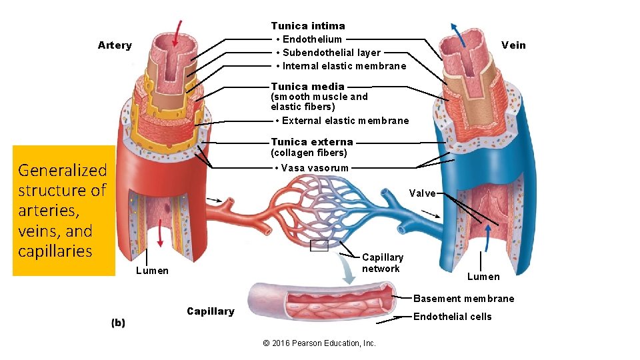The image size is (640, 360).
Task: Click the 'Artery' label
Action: (115, 45)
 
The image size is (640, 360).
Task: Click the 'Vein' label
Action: (513, 45)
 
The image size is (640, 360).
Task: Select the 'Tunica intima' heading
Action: (308, 26)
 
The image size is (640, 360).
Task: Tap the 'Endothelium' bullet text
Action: (311, 39)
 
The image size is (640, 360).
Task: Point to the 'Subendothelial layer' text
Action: (331, 53)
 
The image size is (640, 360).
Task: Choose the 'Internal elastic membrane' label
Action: (344, 66)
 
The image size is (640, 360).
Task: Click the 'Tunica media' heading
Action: (307, 86)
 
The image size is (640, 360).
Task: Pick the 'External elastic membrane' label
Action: (345, 121)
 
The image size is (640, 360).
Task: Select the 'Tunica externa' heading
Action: (312, 141)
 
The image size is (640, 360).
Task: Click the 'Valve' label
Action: (423, 193)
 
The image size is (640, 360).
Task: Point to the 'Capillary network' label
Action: (382, 263)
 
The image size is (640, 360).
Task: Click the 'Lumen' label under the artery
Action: (152, 270)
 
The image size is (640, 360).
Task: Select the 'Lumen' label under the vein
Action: (483, 277)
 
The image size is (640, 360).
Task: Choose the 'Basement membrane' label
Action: (464, 299)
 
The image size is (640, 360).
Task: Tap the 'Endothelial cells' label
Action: (453, 317)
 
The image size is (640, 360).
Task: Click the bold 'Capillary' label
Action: (211, 311)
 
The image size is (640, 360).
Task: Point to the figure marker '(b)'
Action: (118, 323)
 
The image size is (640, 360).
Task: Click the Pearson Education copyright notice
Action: (319, 343)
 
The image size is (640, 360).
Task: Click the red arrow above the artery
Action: (177, 31)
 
